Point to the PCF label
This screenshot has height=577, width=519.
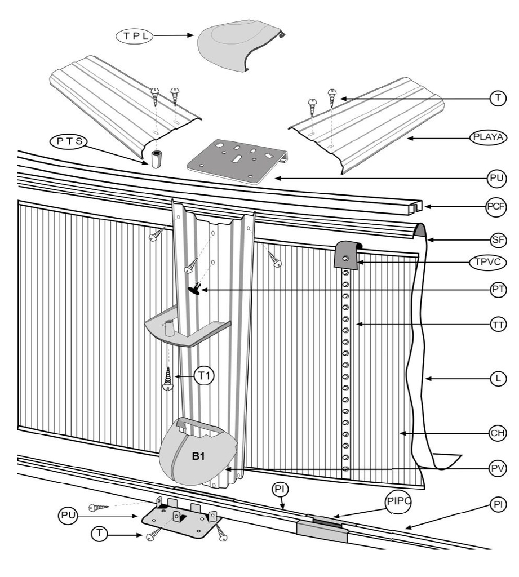[x=495, y=207]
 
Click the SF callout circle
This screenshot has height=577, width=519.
[x=496, y=240]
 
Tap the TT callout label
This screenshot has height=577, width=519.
[x=496, y=325]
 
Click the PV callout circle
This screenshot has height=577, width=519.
[x=496, y=468]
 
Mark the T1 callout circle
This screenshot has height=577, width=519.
[x=205, y=375]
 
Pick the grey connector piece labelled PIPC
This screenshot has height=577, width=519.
[x=322, y=531]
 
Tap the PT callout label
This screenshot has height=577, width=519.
[x=496, y=290]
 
